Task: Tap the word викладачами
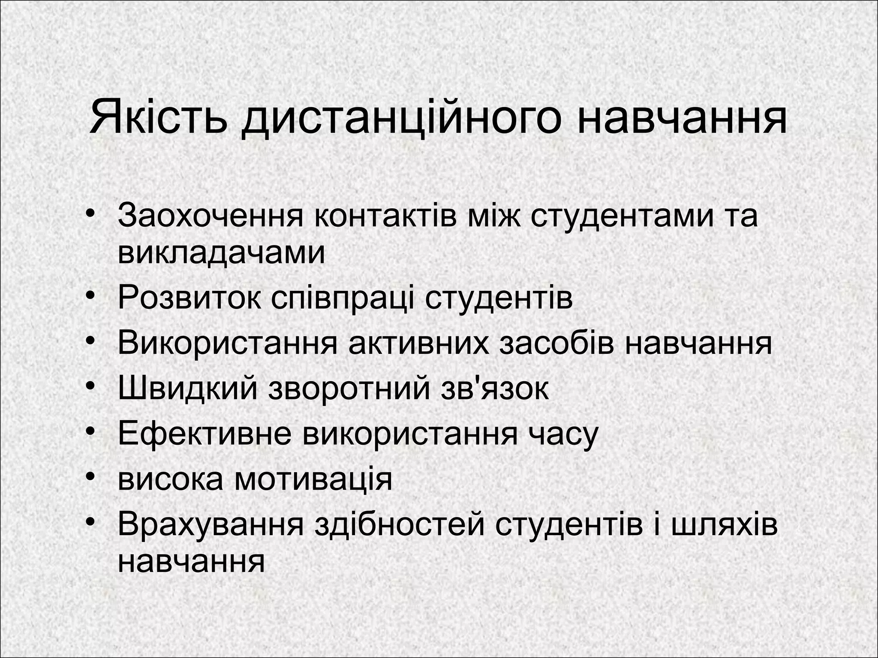(x=221, y=253)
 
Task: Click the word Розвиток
(x=189, y=298)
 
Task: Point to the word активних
(x=418, y=343)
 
